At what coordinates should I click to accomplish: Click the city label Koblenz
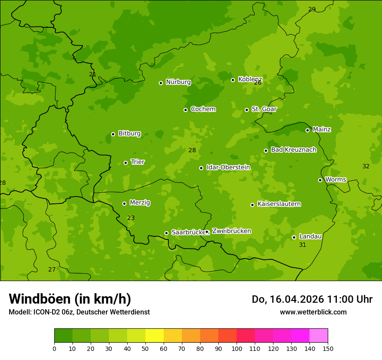250,79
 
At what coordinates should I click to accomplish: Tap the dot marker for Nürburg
161,83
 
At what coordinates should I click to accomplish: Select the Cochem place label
203,109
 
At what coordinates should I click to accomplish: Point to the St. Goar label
264,109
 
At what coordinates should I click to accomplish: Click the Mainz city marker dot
307,130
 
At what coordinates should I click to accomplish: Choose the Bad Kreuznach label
293,150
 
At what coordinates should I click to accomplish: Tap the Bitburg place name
129,134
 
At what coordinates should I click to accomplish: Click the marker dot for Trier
125,163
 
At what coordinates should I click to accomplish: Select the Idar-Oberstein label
228,167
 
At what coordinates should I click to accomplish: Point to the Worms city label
336,180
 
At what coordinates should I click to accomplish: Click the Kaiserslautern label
279,204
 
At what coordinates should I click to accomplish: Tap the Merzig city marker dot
124,203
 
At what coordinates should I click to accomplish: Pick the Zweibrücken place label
231,231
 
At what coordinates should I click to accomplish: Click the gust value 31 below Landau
303,245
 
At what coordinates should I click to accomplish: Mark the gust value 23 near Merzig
131,218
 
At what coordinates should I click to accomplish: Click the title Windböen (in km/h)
70,299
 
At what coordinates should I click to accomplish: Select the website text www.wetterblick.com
313,312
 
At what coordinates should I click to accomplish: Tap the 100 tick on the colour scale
237,348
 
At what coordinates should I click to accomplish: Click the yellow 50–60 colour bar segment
155,335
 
